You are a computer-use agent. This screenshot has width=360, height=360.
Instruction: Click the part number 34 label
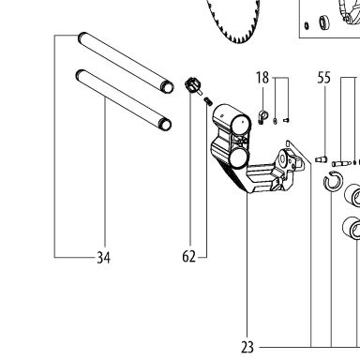[103, 258]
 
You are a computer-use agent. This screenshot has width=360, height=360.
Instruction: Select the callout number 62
[188, 257]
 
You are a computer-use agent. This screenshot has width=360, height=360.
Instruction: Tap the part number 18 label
[262, 78]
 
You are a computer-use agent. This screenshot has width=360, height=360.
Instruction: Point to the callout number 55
[323, 78]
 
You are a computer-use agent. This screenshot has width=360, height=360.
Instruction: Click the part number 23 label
[247, 347]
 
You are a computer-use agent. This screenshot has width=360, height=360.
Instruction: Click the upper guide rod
[126, 62]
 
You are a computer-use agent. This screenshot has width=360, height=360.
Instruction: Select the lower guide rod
[124, 99]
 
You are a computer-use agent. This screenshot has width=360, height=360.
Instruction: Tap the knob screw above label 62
[192, 86]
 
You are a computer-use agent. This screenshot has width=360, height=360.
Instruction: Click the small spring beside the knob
[208, 101]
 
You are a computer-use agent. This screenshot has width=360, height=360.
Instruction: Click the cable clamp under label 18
[263, 117]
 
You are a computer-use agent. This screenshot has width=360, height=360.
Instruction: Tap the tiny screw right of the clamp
[286, 119]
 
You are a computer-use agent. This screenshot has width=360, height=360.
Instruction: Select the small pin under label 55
[321, 159]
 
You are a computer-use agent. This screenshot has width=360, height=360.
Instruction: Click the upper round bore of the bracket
[241, 125]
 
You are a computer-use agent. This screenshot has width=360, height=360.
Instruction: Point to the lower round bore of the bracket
[238, 157]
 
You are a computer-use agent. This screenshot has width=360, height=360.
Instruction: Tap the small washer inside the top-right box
[307, 25]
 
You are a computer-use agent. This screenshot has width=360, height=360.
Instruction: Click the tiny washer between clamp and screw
[275, 121]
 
